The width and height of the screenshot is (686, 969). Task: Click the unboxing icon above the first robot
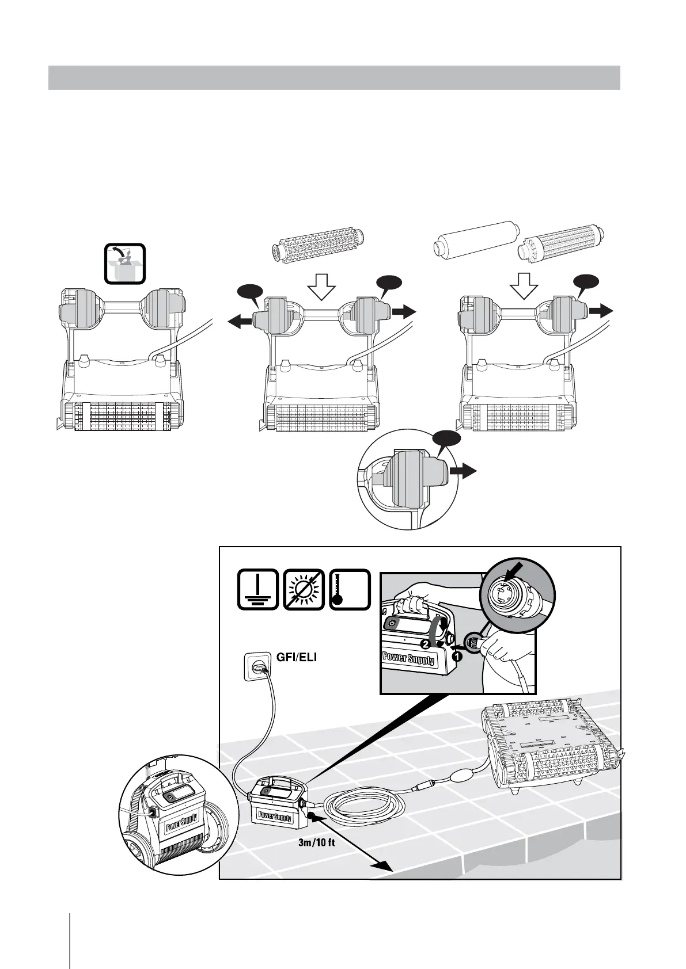tap(125, 264)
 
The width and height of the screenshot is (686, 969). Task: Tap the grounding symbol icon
tap(257, 589)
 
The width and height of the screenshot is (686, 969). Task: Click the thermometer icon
tap(349, 589)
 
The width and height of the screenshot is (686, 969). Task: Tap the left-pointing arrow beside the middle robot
tap(242, 323)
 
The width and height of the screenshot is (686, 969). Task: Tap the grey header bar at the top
tap(334, 78)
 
